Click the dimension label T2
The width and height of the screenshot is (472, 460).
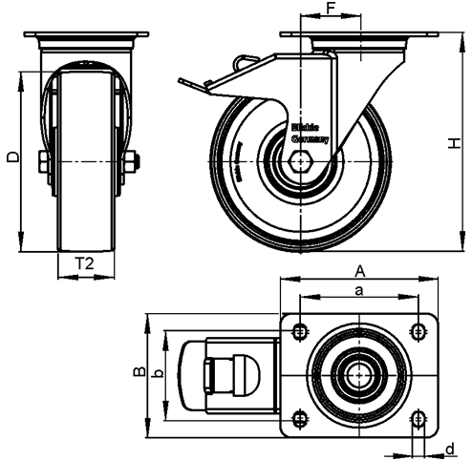[x=83, y=264]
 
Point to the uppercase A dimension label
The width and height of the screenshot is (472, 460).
[x=357, y=270]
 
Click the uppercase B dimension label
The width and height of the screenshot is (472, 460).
[x=138, y=372]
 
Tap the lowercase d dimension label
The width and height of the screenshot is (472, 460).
[x=449, y=448]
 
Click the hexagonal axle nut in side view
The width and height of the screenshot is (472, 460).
[x=299, y=162]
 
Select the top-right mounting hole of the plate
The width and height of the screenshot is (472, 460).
[x=418, y=331]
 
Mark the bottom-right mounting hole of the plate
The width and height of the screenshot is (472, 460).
[x=418, y=416]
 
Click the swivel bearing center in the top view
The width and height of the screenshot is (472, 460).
[x=358, y=373]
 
